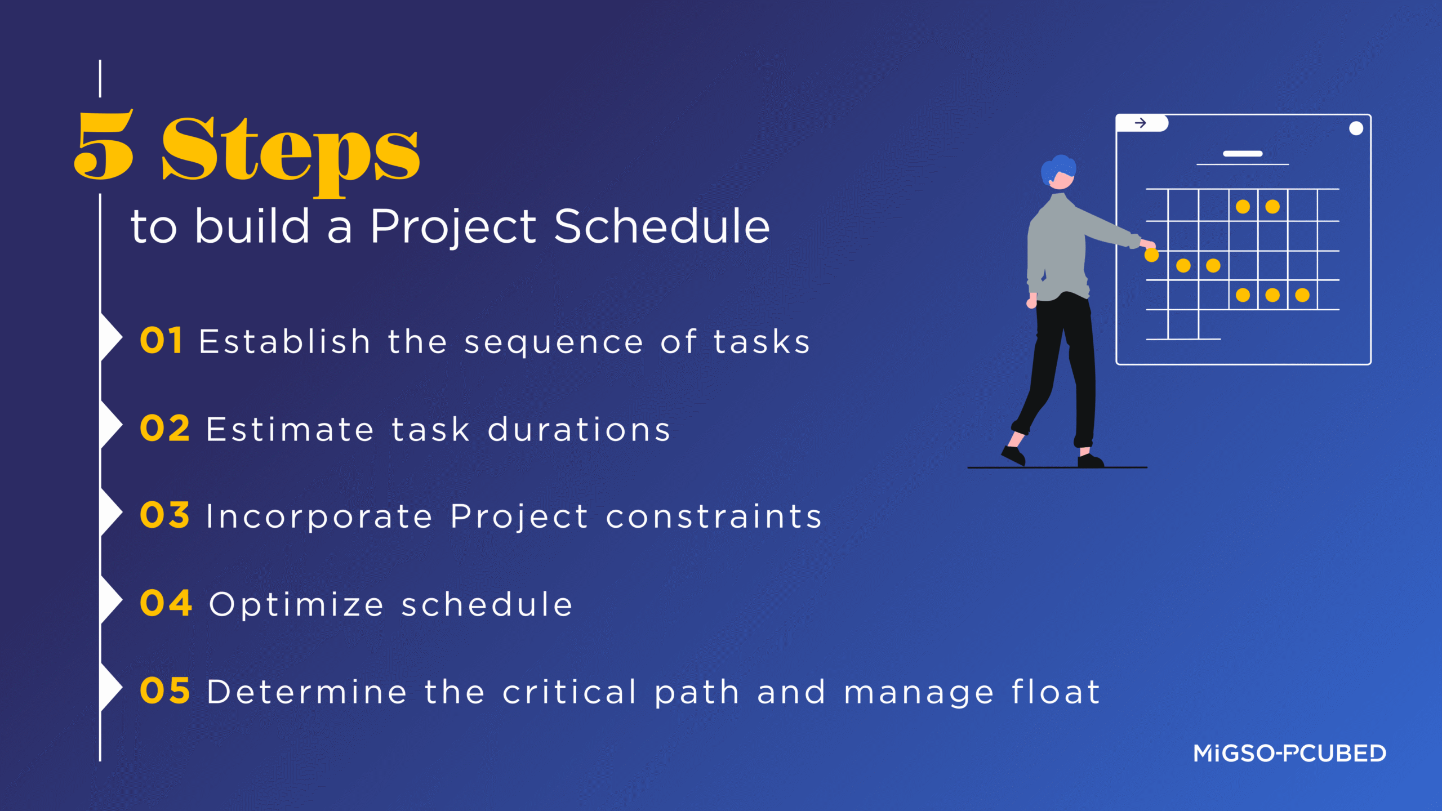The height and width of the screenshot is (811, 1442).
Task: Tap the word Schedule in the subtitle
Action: pyautogui.click(x=661, y=226)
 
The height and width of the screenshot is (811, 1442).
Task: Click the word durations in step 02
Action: pyautogui.click(x=579, y=430)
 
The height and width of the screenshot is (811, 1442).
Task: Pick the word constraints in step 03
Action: pyautogui.click(x=714, y=516)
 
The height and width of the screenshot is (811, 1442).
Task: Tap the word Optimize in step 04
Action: pyautogui.click(x=296, y=605)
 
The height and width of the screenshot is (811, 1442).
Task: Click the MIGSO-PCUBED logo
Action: pyautogui.click(x=1289, y=754)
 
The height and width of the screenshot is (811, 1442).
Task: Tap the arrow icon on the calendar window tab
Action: pyautogui.click(x=1140, y=123)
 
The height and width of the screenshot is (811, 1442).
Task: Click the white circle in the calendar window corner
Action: pyautogui.click(x=1356, y=128)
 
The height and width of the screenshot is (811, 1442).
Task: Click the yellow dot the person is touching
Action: pyautogui.click(x=1151, y=256)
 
